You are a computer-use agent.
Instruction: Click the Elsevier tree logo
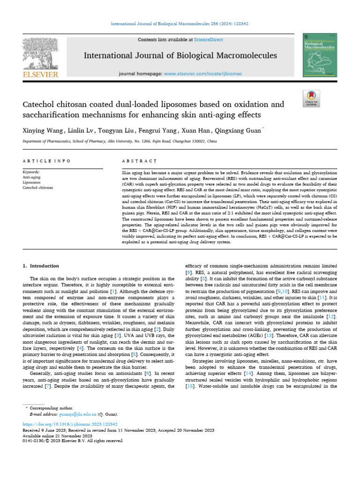tap(40, 52)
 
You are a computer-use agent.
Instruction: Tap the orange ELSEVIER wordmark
tap(40, 75)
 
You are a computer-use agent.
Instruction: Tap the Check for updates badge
tap(311, 99)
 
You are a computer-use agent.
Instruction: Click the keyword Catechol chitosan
tap(38, 187)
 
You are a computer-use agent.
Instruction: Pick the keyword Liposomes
tap(32, 182)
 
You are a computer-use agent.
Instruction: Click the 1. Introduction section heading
tap(41, 266)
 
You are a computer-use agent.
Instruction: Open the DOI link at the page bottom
tap(70, 423)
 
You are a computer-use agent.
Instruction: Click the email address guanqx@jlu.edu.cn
tap(78, 414)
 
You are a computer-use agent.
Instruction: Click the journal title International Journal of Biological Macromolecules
tap(180, 56)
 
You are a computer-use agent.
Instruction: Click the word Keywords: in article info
tap(31, 172)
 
